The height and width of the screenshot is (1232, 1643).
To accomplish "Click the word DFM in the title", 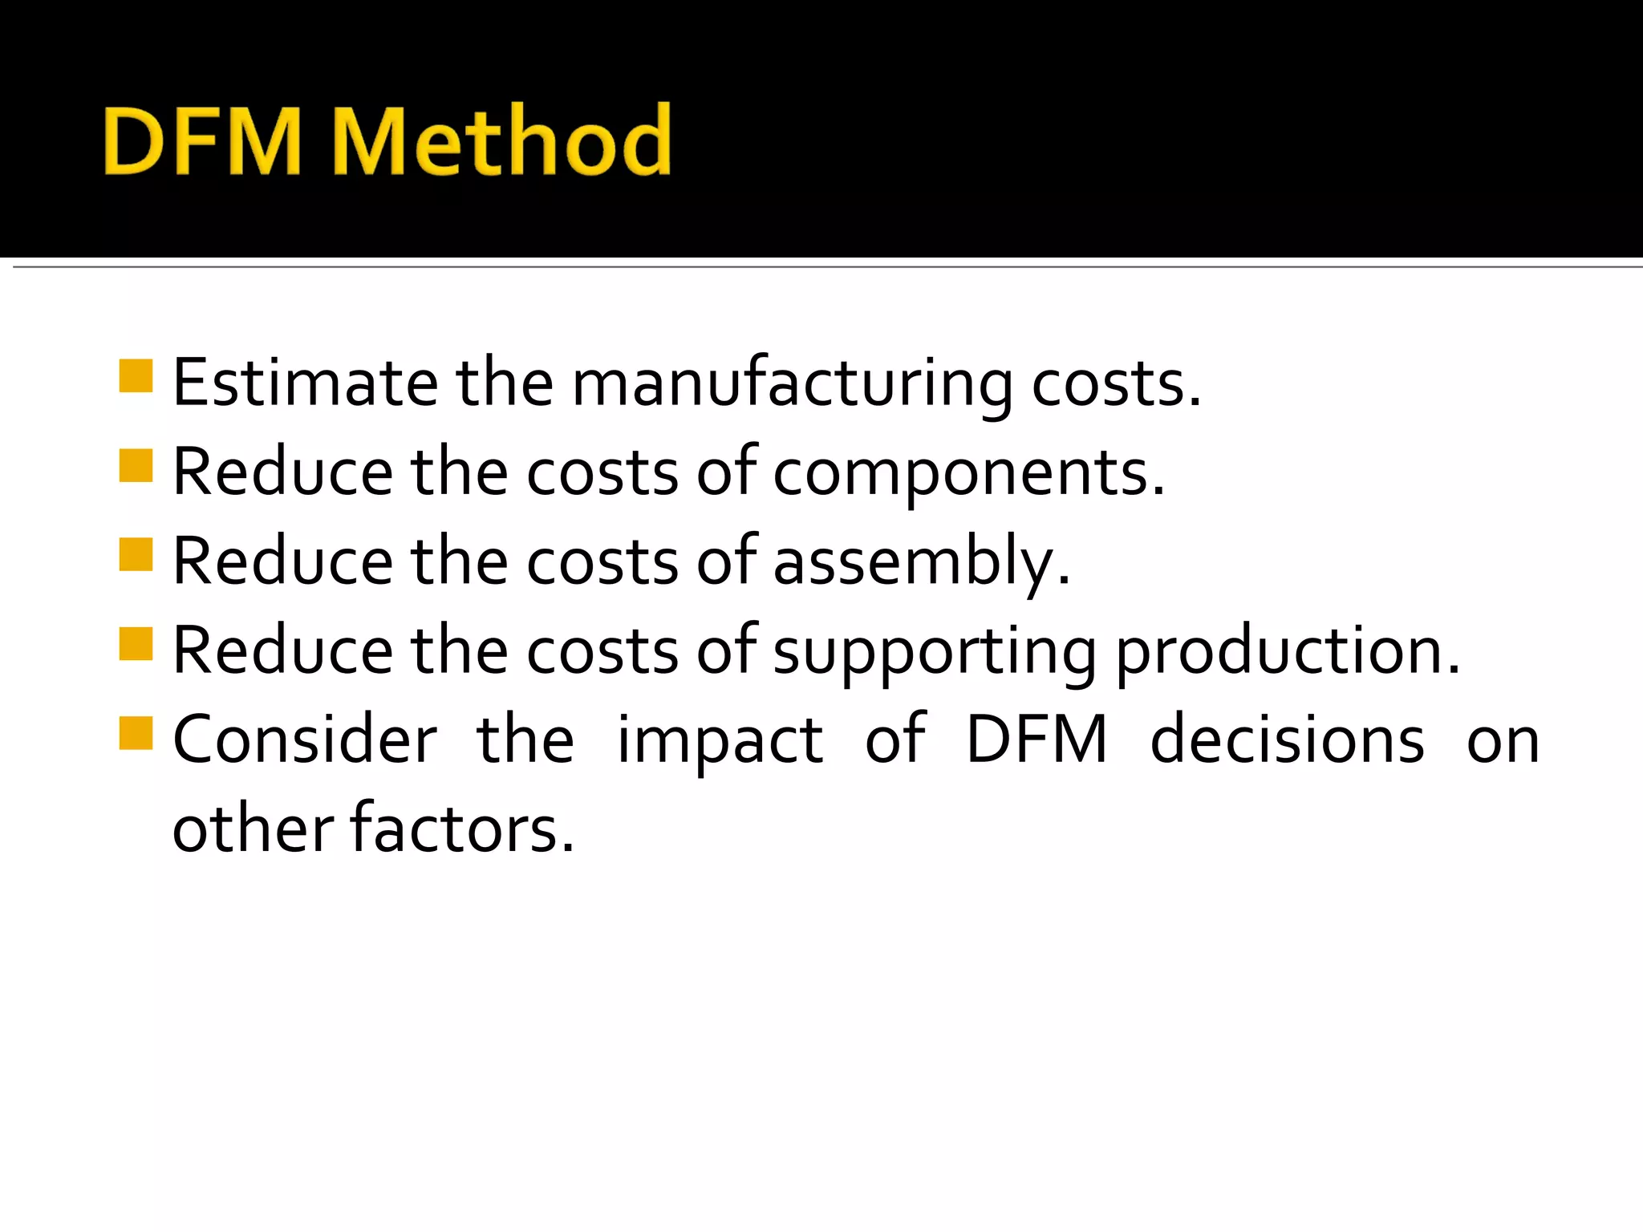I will click(202, 141).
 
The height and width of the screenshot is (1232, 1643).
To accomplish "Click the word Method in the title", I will click(501, 141).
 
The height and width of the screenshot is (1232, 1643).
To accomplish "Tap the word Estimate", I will click(305, 383).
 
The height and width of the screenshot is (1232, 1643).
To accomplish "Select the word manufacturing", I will click(792, 383).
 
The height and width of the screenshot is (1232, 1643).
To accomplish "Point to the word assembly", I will click(921, 561).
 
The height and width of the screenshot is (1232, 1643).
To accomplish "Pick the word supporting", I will click(934, 651).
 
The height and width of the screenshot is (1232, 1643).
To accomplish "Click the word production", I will click(1288, 651).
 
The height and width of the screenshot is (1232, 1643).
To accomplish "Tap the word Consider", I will click(305, 740).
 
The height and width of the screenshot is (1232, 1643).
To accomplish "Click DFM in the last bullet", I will click(1037, 740).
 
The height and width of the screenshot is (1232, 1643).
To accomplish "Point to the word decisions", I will click(1288, 740).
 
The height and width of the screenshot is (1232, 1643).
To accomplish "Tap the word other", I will click(253, 829).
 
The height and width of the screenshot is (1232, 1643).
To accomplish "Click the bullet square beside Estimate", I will click(136, 375).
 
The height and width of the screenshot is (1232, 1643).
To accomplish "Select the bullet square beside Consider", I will click(136, 732).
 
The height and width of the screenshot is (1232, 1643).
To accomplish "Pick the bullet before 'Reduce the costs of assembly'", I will click(136, 554).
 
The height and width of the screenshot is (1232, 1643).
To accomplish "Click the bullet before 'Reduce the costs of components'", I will click(136, 465).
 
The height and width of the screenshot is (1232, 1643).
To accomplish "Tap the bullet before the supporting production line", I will click(136, 643).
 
